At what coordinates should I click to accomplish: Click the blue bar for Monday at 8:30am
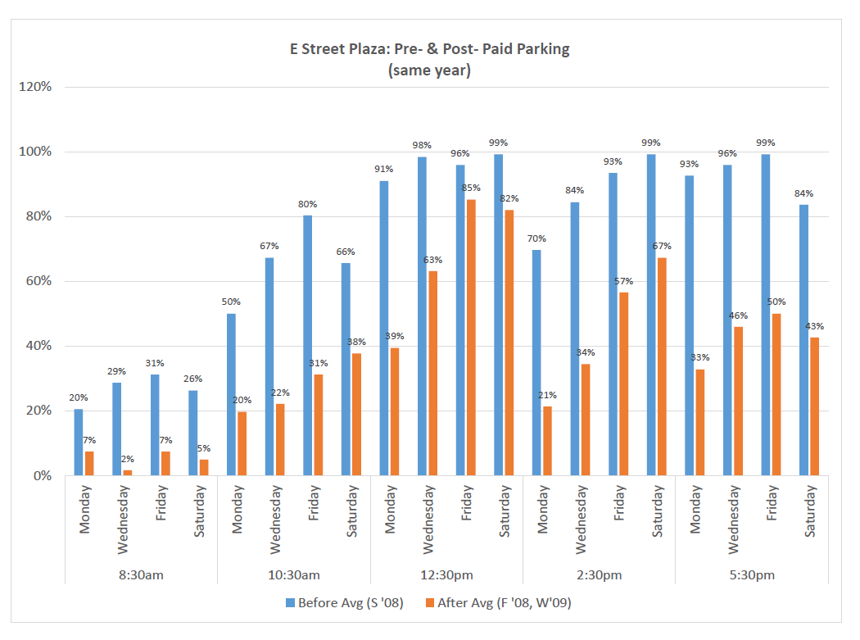click(79, 443)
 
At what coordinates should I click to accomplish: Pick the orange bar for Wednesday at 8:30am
click(127, 472)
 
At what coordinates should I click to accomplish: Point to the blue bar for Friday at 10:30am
click(308, 345)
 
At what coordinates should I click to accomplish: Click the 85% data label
click(470, 188)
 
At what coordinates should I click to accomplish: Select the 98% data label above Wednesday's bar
click(423, 145)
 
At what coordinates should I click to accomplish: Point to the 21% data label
click(547, 395)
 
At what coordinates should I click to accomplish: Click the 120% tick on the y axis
click(36, 87)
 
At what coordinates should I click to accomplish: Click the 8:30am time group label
click(141, 574)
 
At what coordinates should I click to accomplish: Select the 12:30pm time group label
click(446, 574)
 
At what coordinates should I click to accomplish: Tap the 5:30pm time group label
click(752, 574)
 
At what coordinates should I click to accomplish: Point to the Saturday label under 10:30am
click(352, 512)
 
